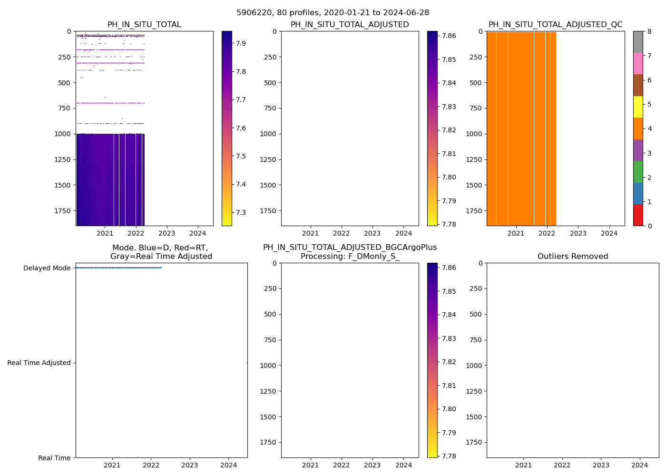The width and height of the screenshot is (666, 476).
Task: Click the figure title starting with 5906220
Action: click(333, 13)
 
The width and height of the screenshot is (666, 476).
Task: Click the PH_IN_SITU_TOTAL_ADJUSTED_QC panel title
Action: click(555, 25)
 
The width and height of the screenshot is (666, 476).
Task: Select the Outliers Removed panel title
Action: click(572, 257)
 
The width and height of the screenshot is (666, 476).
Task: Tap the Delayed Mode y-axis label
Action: click(47, 268)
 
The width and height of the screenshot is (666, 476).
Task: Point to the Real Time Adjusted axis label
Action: click(39, 363)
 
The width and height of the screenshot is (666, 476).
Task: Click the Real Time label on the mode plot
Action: click(54, 458)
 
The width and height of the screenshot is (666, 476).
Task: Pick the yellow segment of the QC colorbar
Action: click(638, 107)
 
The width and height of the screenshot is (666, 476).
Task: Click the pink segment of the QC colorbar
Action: click(638, 63)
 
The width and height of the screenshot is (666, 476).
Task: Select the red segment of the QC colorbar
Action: click(638, 215)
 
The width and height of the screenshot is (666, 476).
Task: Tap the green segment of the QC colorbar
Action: click(638, 171)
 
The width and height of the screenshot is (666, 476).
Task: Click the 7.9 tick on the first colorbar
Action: click(241, 43)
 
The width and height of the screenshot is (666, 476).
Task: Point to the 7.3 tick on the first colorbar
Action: click(241, 212)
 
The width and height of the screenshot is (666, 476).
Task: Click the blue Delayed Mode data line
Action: click(119, 268)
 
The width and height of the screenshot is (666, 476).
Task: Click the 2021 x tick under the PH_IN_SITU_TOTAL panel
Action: click(105, 233)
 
